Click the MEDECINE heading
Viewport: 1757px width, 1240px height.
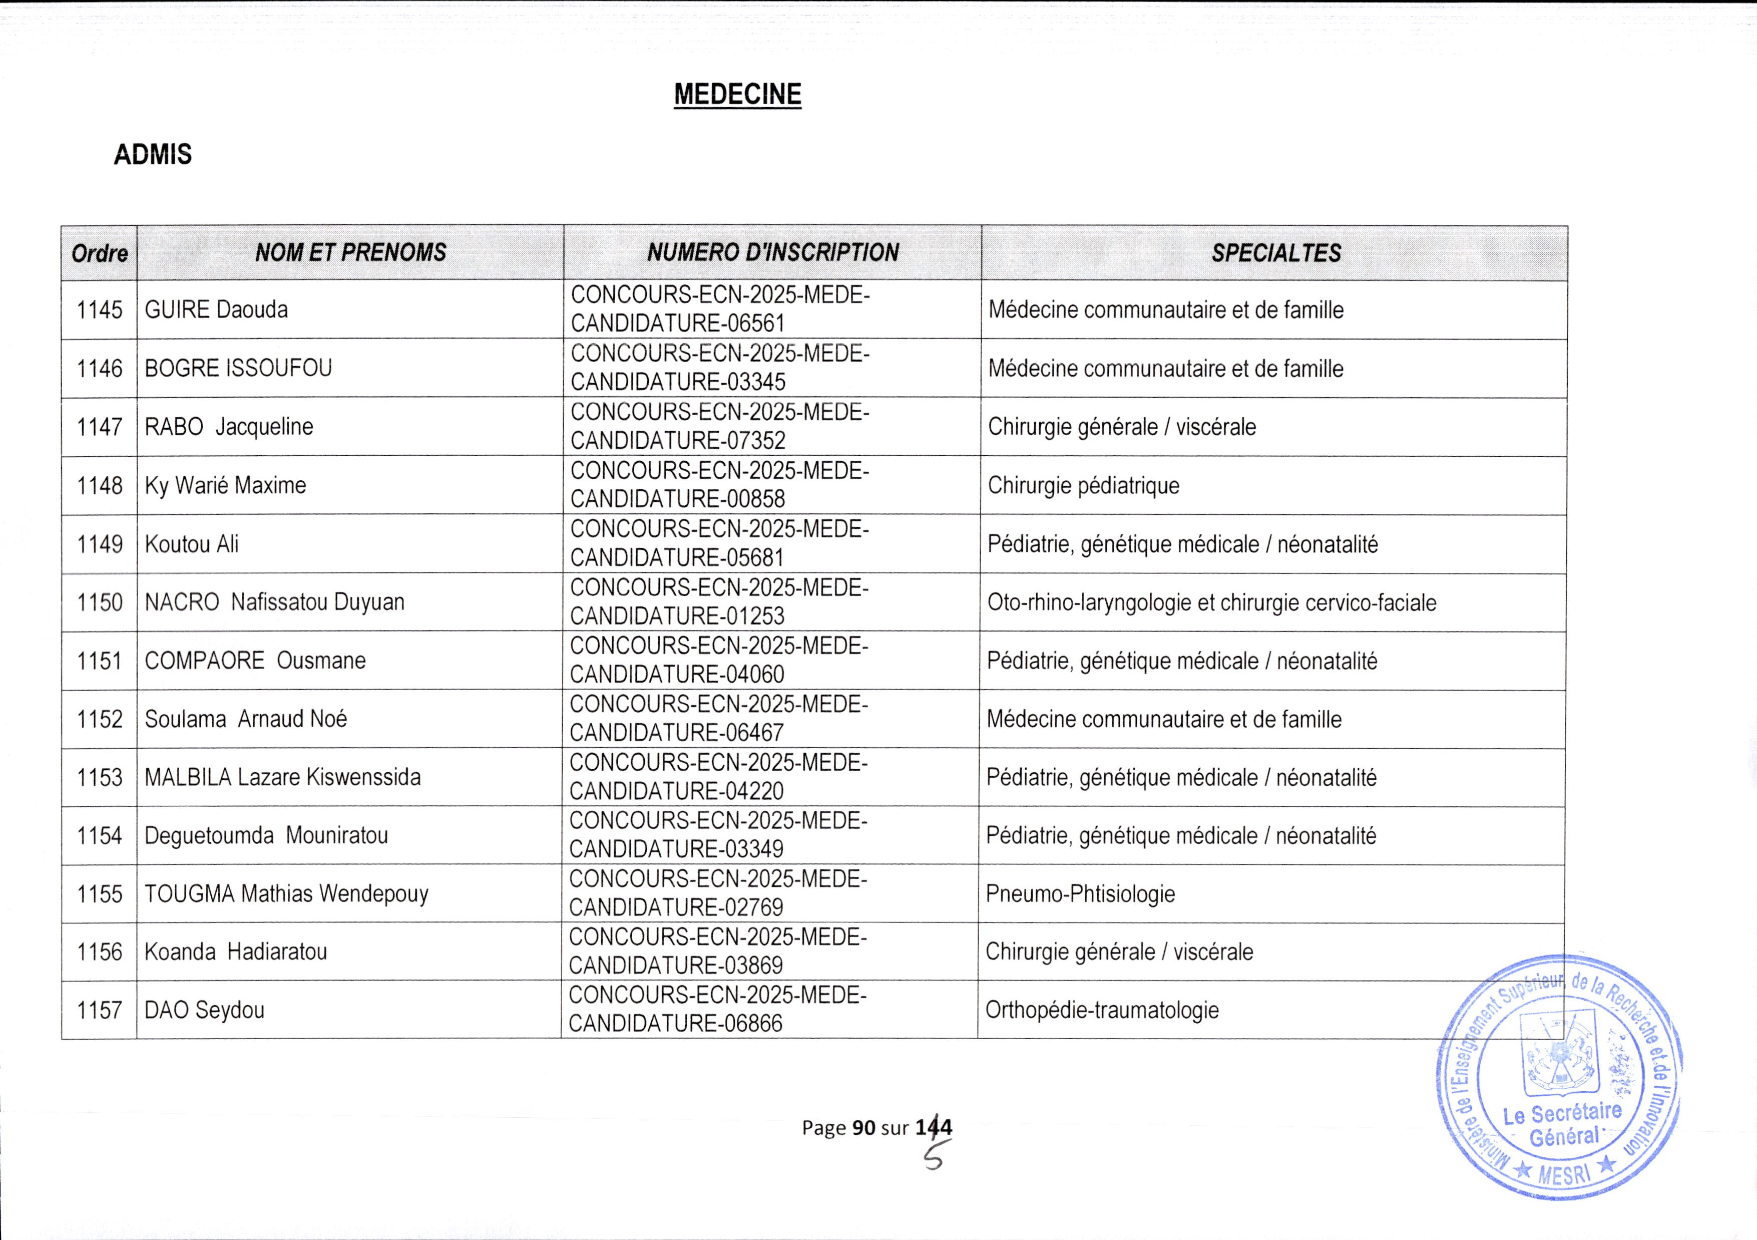[737, 94]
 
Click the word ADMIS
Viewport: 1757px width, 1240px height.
[152, 155]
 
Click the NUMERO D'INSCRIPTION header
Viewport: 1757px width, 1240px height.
[773, 252]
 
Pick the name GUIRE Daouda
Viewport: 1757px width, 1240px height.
[217, 310]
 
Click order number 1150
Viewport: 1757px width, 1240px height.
[100, 602]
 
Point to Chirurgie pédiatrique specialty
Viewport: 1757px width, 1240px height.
[1084, 485]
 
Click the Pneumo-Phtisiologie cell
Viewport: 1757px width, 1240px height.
[1080, 893]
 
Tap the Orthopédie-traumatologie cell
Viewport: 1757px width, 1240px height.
[1102, 1010]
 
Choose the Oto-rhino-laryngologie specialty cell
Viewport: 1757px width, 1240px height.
[1211, 602]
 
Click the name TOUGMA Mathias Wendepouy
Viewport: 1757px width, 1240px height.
[286, 893]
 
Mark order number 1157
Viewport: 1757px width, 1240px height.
[100, 1010]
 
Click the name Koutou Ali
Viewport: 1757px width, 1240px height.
[191, 544]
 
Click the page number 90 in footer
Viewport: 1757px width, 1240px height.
[864, 1127]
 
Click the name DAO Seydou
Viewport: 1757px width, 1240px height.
[204, 1010]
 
